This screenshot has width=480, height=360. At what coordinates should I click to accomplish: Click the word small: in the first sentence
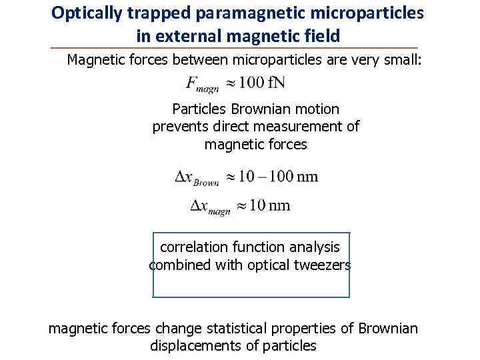[x=404, y=61]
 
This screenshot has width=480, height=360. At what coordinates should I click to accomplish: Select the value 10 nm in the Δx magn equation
[x=269, y=205]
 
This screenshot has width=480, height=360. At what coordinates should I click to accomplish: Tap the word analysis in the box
[x=315, y=247]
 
